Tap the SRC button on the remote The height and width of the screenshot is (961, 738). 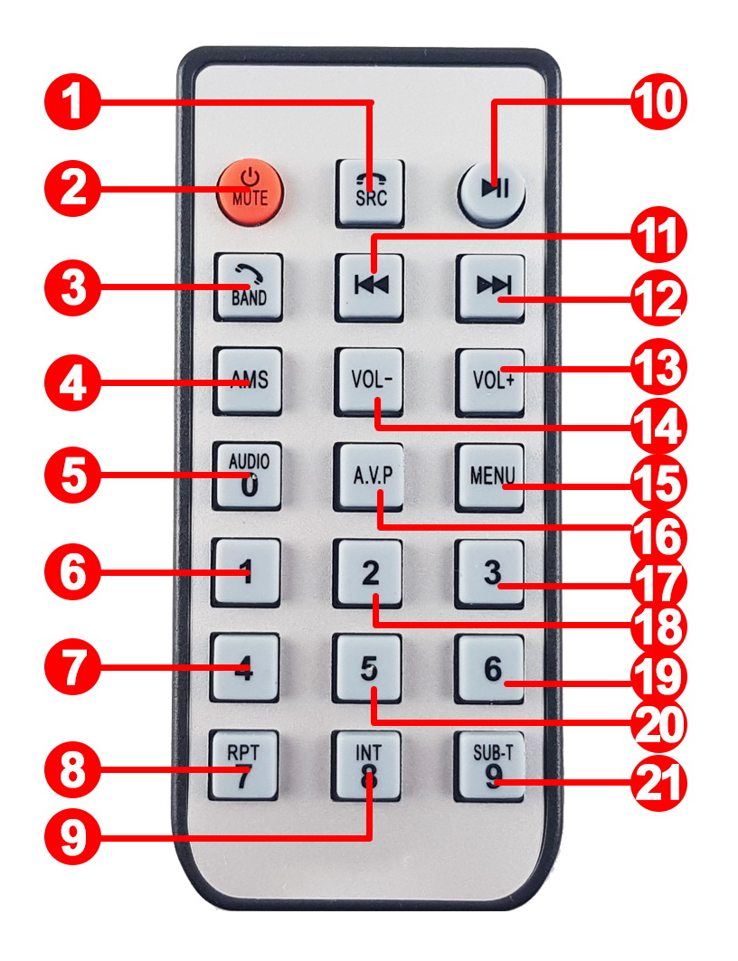pyautogui.click(x=370, y=193)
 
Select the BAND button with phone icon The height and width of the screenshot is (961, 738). pyautogui.click(x=248, y=287)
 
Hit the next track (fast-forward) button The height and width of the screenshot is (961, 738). pyautogui.click(x=490, y=287)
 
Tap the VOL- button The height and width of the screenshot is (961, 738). pyautogui.click(x=369, y=382)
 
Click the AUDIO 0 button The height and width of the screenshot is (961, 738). pyautogui.click(x=247, y=476)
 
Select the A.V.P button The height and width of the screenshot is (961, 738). pyautogui.click(x=369, y=476)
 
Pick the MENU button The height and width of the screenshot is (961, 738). pyautogui.click(x=490, y=477)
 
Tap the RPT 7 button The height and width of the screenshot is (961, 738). pyautogui.click(x=244, y=764)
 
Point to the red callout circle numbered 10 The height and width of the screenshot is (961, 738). pyautogui.click(x=659, y=102)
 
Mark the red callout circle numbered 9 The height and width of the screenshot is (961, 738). pyautogui.click(x=73, y=837)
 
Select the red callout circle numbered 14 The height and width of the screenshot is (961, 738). pyautogui.click(x=659, y=427)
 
